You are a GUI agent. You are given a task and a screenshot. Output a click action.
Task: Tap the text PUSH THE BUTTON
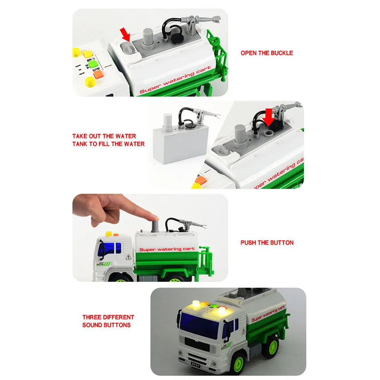(x=267, y=243)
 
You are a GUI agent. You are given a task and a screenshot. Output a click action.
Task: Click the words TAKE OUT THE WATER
(x=104, y=136)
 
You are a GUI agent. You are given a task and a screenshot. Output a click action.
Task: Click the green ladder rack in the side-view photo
(x=206, y=263)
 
